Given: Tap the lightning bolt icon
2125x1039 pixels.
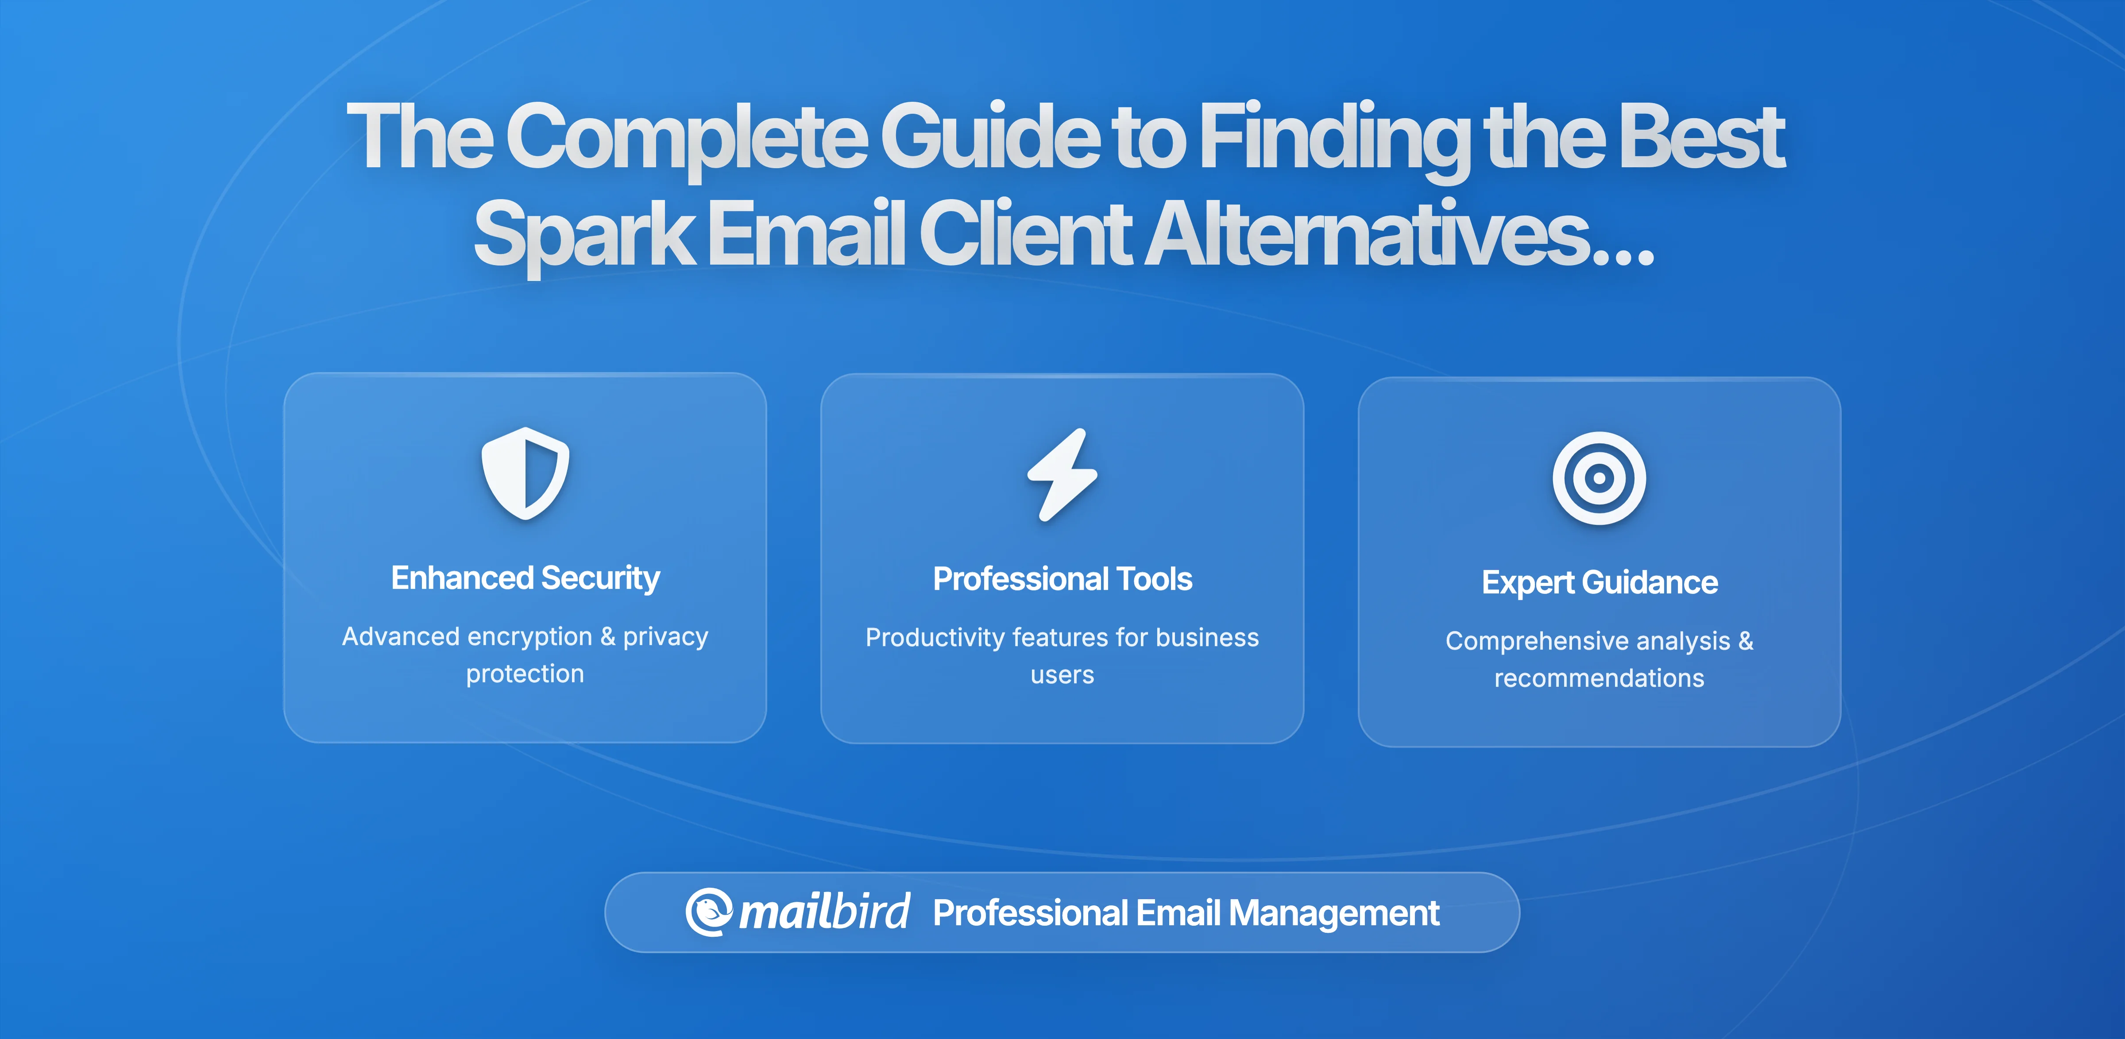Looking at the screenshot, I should coord(1062,475).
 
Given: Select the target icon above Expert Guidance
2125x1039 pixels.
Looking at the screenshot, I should coord(1599,478).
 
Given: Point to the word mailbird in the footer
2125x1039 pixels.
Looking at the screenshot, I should coord(824,912).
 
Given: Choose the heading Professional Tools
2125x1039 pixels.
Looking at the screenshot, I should coord(1062,579).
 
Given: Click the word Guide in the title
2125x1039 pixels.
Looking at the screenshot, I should coord(990,136).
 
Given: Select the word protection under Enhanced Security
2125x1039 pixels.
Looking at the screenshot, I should coord(525,673).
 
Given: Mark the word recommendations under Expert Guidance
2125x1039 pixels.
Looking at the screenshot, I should coord(1599,678).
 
